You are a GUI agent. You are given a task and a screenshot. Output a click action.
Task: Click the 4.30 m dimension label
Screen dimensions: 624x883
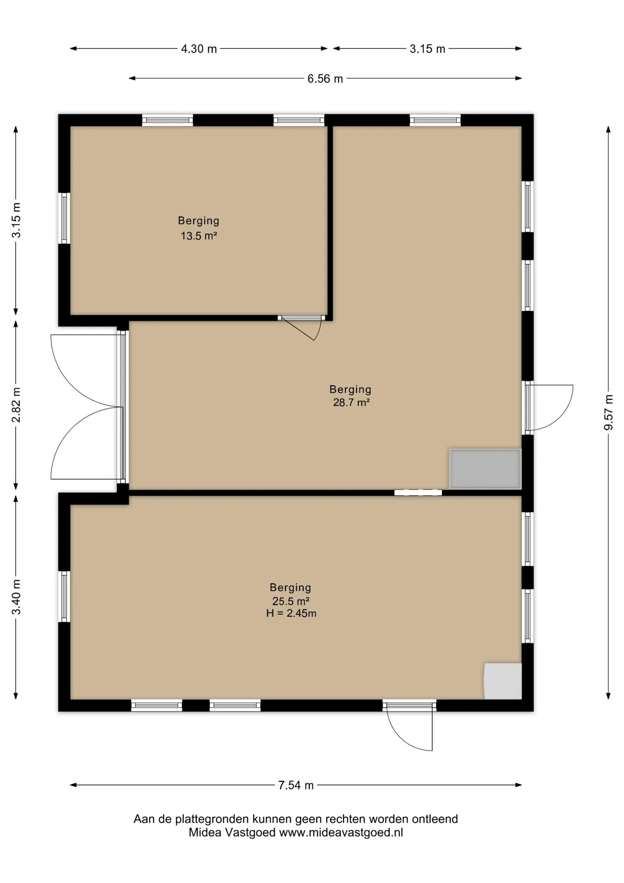pyautogui.click(x=199, y=49)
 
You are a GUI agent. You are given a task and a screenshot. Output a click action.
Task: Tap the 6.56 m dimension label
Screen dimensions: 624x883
pyautogui.click(x=325, y=79)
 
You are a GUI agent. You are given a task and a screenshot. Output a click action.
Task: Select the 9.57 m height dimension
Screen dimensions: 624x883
pyautogui.click(x=608, y=413)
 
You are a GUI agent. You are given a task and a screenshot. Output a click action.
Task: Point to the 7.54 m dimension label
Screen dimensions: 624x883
pyautogui.click(x=296, y=785)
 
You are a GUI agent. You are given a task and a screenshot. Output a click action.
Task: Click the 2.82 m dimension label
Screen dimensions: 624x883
pyautogui.click(x=16, y=405)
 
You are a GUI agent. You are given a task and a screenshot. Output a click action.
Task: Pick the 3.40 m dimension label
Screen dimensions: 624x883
pyautogui.click(x=16, y=596)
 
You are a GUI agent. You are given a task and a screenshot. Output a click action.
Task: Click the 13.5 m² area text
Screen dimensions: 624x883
pyautogui.click(x=199, y=236)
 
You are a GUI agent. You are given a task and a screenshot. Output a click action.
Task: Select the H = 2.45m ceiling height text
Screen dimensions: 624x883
pyautogui.click(x=291, y=613)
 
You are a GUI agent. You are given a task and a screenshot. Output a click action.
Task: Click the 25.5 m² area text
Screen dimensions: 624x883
pyautogui.click(x=290, y=601)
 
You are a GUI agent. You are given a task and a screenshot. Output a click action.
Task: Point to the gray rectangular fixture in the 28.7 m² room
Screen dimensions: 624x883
pyautogui.click(x=485, y=469)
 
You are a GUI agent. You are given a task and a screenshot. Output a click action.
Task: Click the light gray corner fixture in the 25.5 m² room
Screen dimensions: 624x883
pyautogui.click(x=503, y=681)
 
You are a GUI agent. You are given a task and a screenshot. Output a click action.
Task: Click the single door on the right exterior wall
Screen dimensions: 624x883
pyautogui.click(x=549, y=407)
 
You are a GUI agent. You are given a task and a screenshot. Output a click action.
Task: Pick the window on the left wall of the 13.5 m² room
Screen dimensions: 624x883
pyautogui.click(x=64, y=218)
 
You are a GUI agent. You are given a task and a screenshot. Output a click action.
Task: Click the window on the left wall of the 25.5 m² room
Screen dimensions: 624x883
pyautogui.click(x=64, y=596)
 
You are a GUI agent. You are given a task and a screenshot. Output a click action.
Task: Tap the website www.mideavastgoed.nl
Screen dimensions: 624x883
pyautogui.click(x=341, y=832)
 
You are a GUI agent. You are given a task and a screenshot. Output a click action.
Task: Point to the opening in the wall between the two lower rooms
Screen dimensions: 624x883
pyautogui.click(x=418, y=493)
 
